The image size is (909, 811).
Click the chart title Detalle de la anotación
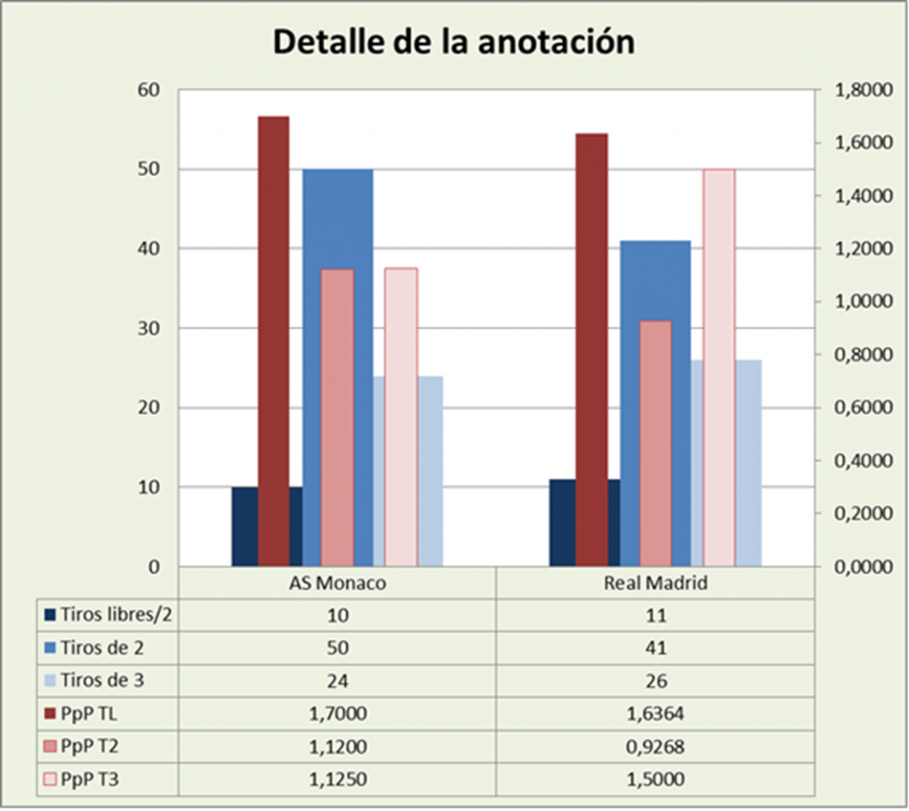(453, 41)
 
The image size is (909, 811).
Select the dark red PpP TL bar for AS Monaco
(273, 341)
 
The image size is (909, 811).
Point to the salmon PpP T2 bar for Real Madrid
(655, 443)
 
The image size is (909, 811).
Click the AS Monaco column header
(337, 584)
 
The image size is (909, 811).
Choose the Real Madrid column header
(655, 584)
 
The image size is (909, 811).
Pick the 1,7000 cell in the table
(337, 713)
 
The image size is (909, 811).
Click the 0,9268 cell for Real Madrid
(655, 745)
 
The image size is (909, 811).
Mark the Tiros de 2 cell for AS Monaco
(337, 649)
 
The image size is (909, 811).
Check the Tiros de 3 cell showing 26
(655, 681)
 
